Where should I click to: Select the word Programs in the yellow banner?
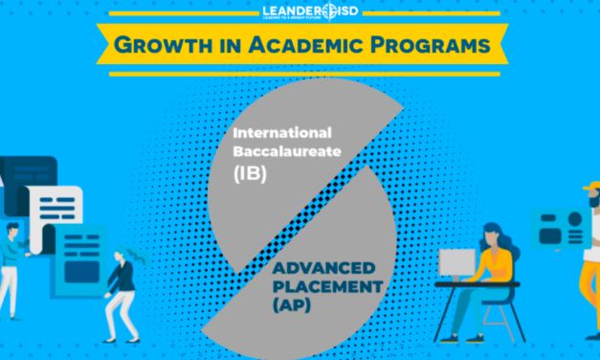pyautogui.click(x=420, y=44)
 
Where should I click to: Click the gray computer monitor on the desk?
pyautogui.click(x=456, y=265)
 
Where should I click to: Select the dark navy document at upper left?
pyautogui.click(x=13, y=173)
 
